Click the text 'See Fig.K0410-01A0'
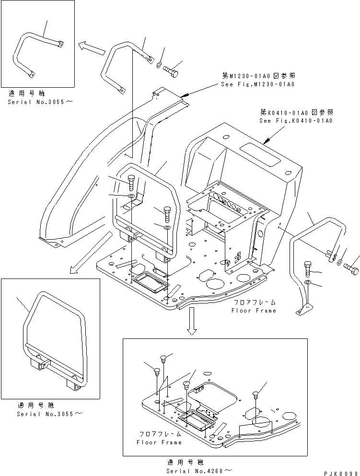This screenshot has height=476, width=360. (296, 121)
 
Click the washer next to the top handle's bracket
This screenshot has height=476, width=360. (159, 66)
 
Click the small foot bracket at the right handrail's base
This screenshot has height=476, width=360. (303, 311)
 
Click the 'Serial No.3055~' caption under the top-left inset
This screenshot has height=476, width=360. (37, 103)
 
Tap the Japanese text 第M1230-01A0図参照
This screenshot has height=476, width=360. (258, 76)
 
